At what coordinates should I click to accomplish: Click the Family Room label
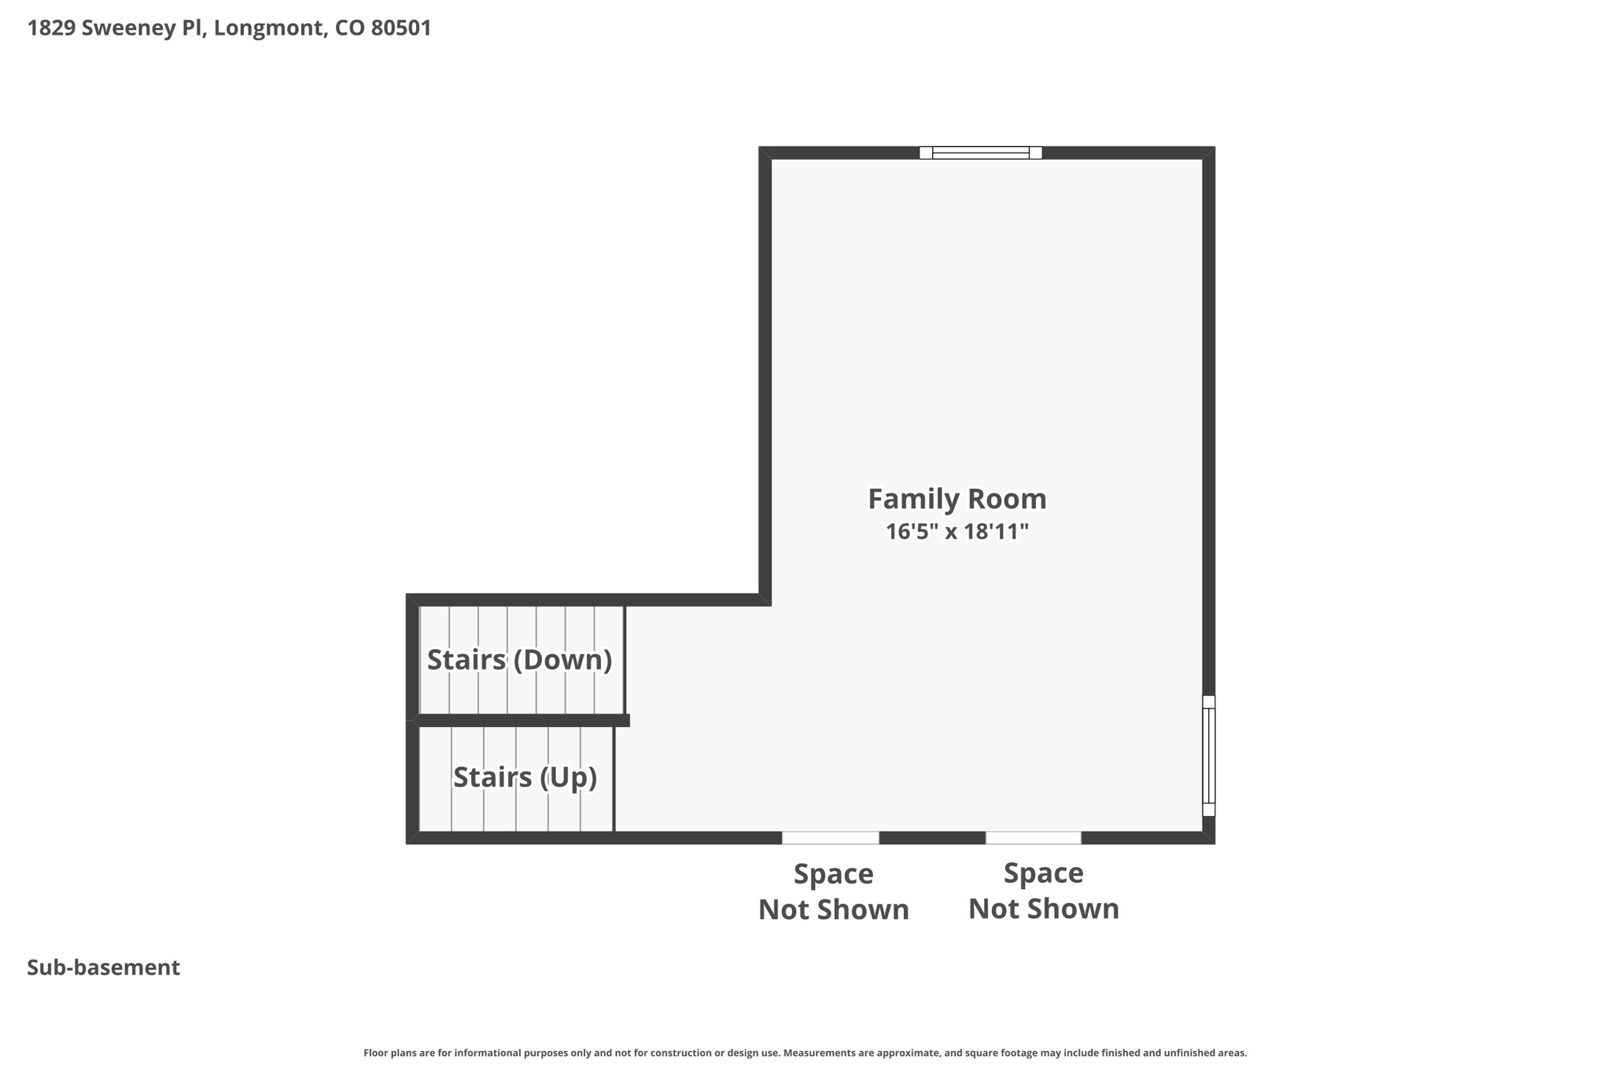pos(957,499)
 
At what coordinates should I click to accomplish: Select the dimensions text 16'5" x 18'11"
pos(957,532)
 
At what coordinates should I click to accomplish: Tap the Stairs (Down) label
pos(519,659)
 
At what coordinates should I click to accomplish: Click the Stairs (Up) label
pos(525,777)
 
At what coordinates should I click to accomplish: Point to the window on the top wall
pos(980,153)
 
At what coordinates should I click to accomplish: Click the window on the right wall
pos(1209,755)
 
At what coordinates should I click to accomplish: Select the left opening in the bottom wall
pos(830,838)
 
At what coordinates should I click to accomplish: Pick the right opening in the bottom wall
pos(1033,838)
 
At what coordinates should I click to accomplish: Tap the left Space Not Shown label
pos(833,891)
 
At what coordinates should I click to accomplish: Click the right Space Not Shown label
pos(1043,891)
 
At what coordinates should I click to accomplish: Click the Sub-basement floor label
pos(103,968)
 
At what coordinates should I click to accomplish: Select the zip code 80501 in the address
pos(400,28)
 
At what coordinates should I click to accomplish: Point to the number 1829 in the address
pos(51,28)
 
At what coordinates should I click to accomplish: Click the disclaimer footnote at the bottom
pos(805,1053)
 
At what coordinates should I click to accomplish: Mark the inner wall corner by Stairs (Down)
pos(765,600)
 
